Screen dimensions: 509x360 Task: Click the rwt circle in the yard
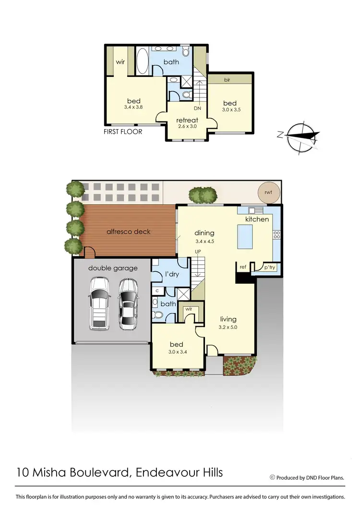click(x=267, y=192)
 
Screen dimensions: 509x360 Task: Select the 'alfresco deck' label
click(x=128, y=231)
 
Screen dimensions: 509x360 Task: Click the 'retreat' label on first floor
click(x=187, y=120)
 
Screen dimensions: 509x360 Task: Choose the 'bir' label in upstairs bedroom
click(x=227, y=80)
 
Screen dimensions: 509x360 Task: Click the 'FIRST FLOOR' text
click(x=123, y=131)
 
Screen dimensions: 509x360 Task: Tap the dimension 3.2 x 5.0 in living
click(x=228, y=327)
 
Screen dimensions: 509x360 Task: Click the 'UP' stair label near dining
click(x=197, y=252)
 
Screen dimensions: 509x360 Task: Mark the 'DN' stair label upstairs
click(x=197, y=108)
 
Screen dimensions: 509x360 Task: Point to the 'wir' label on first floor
click(x=120, y=61)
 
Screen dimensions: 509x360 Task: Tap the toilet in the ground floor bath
click(x=157, y=315)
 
